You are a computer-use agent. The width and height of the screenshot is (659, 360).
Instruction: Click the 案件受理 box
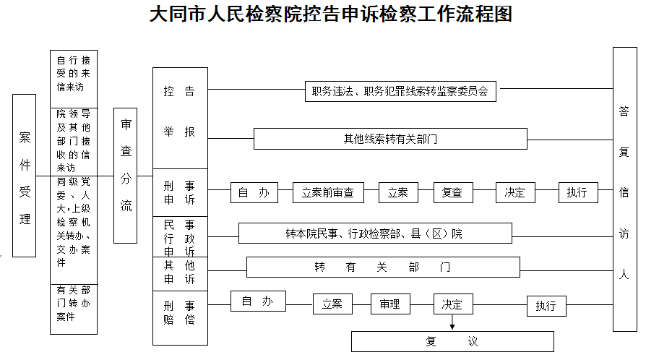(x=25, y=176)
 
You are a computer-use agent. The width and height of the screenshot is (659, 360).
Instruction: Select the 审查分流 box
(x=125, y=176)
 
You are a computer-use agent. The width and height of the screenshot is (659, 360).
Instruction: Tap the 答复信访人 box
(x=625, y=189)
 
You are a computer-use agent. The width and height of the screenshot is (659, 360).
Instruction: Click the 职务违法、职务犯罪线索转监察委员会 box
(x=400, y=91)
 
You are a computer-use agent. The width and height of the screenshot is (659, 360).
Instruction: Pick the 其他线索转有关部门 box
(x=390, y=139)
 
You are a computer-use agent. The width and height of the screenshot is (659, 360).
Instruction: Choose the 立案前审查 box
(x=328, y=192)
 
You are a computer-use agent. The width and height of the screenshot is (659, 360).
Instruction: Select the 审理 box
(x=390, y=304)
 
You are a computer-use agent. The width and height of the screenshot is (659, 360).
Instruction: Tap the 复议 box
(x=452, y=341)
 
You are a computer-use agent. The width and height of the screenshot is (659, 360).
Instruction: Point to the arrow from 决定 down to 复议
(x=452, y=322)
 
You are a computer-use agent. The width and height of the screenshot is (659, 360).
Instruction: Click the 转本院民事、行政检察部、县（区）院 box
(x=375, y=233)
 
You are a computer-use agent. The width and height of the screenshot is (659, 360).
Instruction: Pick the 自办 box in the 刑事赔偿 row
(x=258, y=301)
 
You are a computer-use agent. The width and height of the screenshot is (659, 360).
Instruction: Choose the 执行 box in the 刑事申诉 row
(x=578, y=192)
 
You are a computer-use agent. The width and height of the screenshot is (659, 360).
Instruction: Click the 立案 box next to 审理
(x=332, y=304)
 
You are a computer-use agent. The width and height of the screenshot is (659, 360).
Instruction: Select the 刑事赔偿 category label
(x=179, y=312)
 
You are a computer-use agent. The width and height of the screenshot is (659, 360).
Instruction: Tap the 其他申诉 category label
(x=179, y=272)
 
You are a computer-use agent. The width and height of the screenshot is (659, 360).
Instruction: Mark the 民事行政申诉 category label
(x=179, y=238)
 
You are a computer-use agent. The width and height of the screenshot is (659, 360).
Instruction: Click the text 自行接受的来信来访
(x=74, y=74)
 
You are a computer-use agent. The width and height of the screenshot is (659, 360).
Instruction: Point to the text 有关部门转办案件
(x=74, y=303)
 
